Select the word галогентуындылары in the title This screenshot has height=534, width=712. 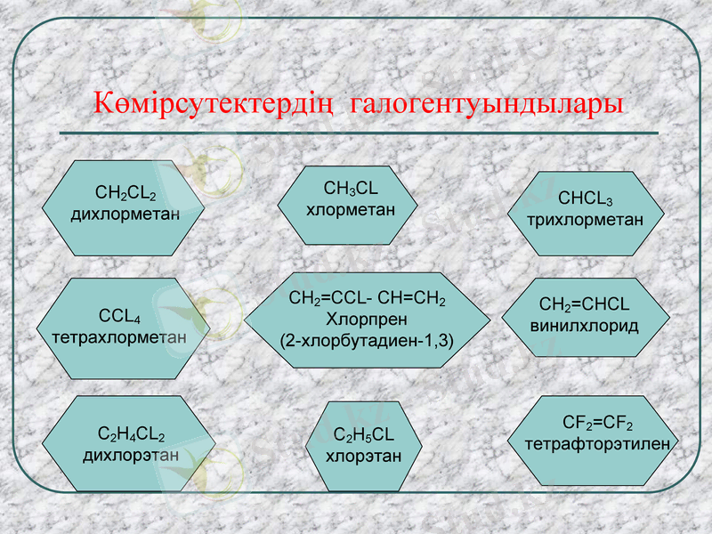point(487,103)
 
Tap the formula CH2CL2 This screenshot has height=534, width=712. point(125,193)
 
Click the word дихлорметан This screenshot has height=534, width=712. point(125,214)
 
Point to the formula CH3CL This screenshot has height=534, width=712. point(350,189)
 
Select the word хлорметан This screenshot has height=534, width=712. point(350,210)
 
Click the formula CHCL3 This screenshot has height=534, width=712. point(585,198)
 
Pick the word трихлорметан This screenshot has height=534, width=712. point(585,219)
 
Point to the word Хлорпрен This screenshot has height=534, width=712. point(367,320)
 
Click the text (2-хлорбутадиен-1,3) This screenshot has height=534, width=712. point(367,339)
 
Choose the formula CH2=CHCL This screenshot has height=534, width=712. point(585,305)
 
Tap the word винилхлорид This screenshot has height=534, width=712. point(585,326)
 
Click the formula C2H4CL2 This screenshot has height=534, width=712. point(131,435)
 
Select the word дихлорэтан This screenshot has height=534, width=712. point(131,455)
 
